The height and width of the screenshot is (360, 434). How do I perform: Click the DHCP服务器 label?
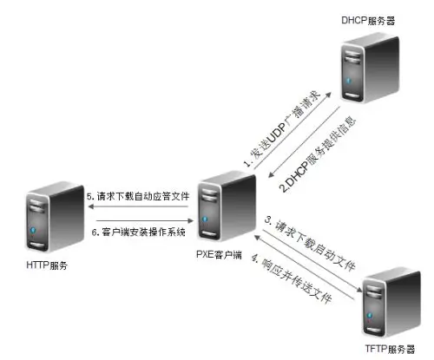368,21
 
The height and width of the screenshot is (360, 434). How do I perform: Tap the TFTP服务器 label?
390,349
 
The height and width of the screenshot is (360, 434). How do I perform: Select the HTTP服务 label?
47,265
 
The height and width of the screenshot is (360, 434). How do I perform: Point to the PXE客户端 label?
219,254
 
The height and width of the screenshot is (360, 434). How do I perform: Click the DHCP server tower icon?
370,68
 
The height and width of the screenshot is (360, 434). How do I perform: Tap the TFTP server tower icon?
391,302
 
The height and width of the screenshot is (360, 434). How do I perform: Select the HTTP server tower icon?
55,217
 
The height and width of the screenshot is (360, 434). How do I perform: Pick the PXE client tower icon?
227,206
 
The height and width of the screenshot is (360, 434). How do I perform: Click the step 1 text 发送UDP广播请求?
282,128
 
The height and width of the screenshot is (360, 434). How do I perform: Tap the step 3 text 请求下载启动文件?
310,245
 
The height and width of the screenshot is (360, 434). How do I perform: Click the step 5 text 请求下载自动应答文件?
138,197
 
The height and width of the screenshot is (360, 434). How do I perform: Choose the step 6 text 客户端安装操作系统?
139,232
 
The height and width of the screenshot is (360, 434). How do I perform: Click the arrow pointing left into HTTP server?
138,206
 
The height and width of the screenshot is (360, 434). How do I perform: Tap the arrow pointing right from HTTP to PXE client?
145,220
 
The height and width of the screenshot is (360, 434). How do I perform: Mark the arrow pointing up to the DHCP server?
293,131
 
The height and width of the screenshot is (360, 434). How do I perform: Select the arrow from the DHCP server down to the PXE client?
304,141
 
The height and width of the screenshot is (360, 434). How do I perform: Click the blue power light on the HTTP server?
33,230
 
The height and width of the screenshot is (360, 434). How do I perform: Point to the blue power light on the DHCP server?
349,81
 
